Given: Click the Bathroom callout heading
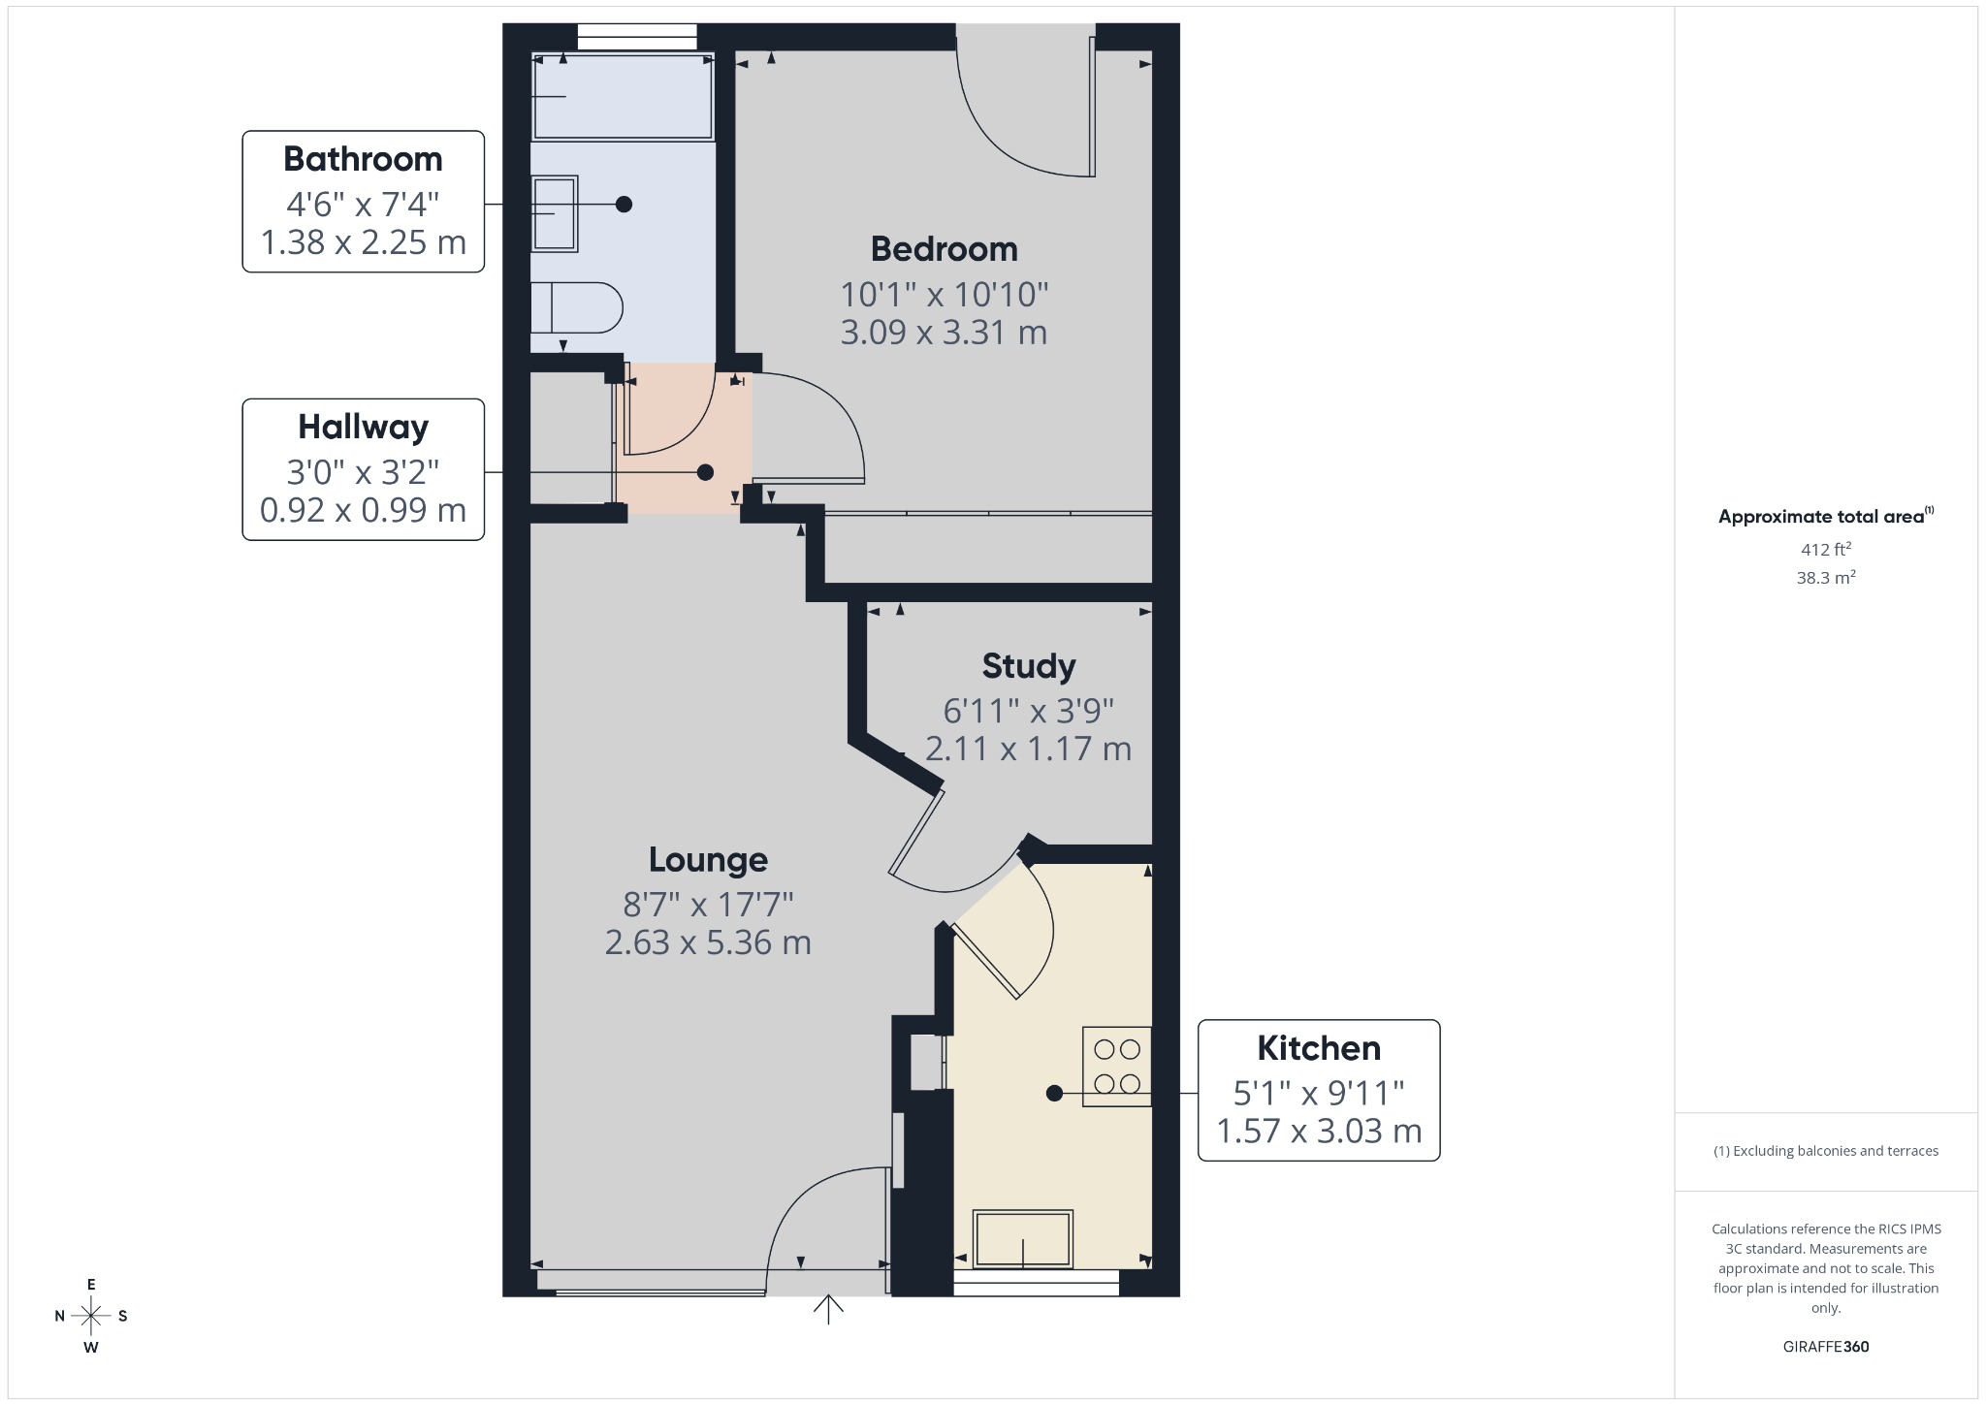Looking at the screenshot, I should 363,159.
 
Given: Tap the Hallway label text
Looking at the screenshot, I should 363,427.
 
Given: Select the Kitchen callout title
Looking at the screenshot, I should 1319,1048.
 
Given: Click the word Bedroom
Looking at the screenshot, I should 944,249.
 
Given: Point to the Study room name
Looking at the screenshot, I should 1028,666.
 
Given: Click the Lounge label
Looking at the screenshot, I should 708,860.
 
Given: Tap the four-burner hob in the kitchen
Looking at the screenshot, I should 1116,1066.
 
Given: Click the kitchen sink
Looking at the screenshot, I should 1023,1238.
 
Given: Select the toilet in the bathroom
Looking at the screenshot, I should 576,307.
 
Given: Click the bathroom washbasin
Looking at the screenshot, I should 555,213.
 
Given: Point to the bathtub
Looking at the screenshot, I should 623,96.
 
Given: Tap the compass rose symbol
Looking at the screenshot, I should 91,1316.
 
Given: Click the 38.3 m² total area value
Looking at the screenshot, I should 1826,578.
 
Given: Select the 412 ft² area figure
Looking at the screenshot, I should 1826,550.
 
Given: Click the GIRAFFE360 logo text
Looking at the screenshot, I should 1826,1347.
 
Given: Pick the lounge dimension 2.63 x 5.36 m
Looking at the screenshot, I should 708,942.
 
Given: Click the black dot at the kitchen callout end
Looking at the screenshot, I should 1054,1094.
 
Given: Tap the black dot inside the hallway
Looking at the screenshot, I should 705,472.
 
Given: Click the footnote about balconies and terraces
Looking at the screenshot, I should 1826,1151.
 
